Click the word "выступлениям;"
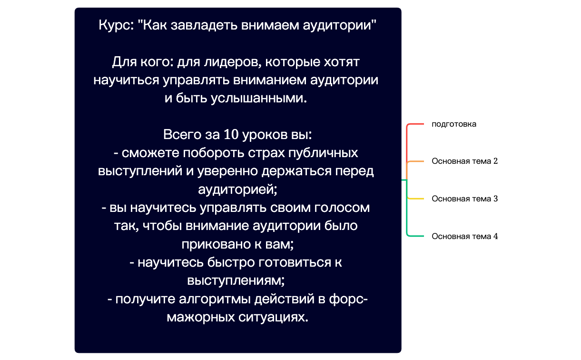pyautogui.click(x=236, y=280)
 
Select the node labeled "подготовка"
pyautogui.click(x=453, y=124)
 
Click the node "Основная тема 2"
pyautogui.click(x=464, y=161)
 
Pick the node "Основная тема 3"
pyautogui.click(x=464, y=199)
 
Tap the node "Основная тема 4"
pyautogui.click(x=464, y=236)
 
